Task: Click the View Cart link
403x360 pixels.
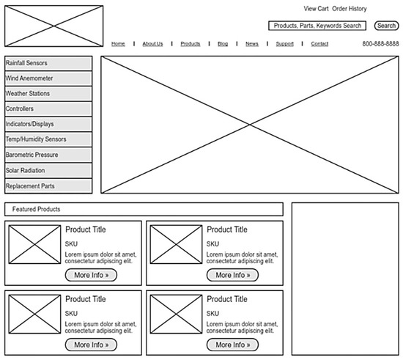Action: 316,9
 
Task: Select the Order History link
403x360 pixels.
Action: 350,9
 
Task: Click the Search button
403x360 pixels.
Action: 386,26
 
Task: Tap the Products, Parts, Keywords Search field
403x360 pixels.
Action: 317,26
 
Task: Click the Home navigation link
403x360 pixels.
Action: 118,44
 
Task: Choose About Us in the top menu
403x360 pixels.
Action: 152,44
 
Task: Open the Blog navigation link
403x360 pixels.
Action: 223,44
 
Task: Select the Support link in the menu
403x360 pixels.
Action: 284,44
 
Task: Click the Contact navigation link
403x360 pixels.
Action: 319,44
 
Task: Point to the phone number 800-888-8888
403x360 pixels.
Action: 380,44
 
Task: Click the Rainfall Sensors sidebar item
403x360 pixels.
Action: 48,63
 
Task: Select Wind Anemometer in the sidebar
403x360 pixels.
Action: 48,78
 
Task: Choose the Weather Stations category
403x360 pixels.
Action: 48,94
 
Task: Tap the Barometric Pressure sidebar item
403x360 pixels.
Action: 48,155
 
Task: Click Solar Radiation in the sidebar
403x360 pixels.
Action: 48,171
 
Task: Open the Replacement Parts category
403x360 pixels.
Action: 48,186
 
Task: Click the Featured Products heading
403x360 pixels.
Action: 37,210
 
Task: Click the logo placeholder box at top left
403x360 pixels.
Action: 53,26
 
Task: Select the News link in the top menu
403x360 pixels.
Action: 251,44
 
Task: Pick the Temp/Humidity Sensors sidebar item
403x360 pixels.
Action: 48,139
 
